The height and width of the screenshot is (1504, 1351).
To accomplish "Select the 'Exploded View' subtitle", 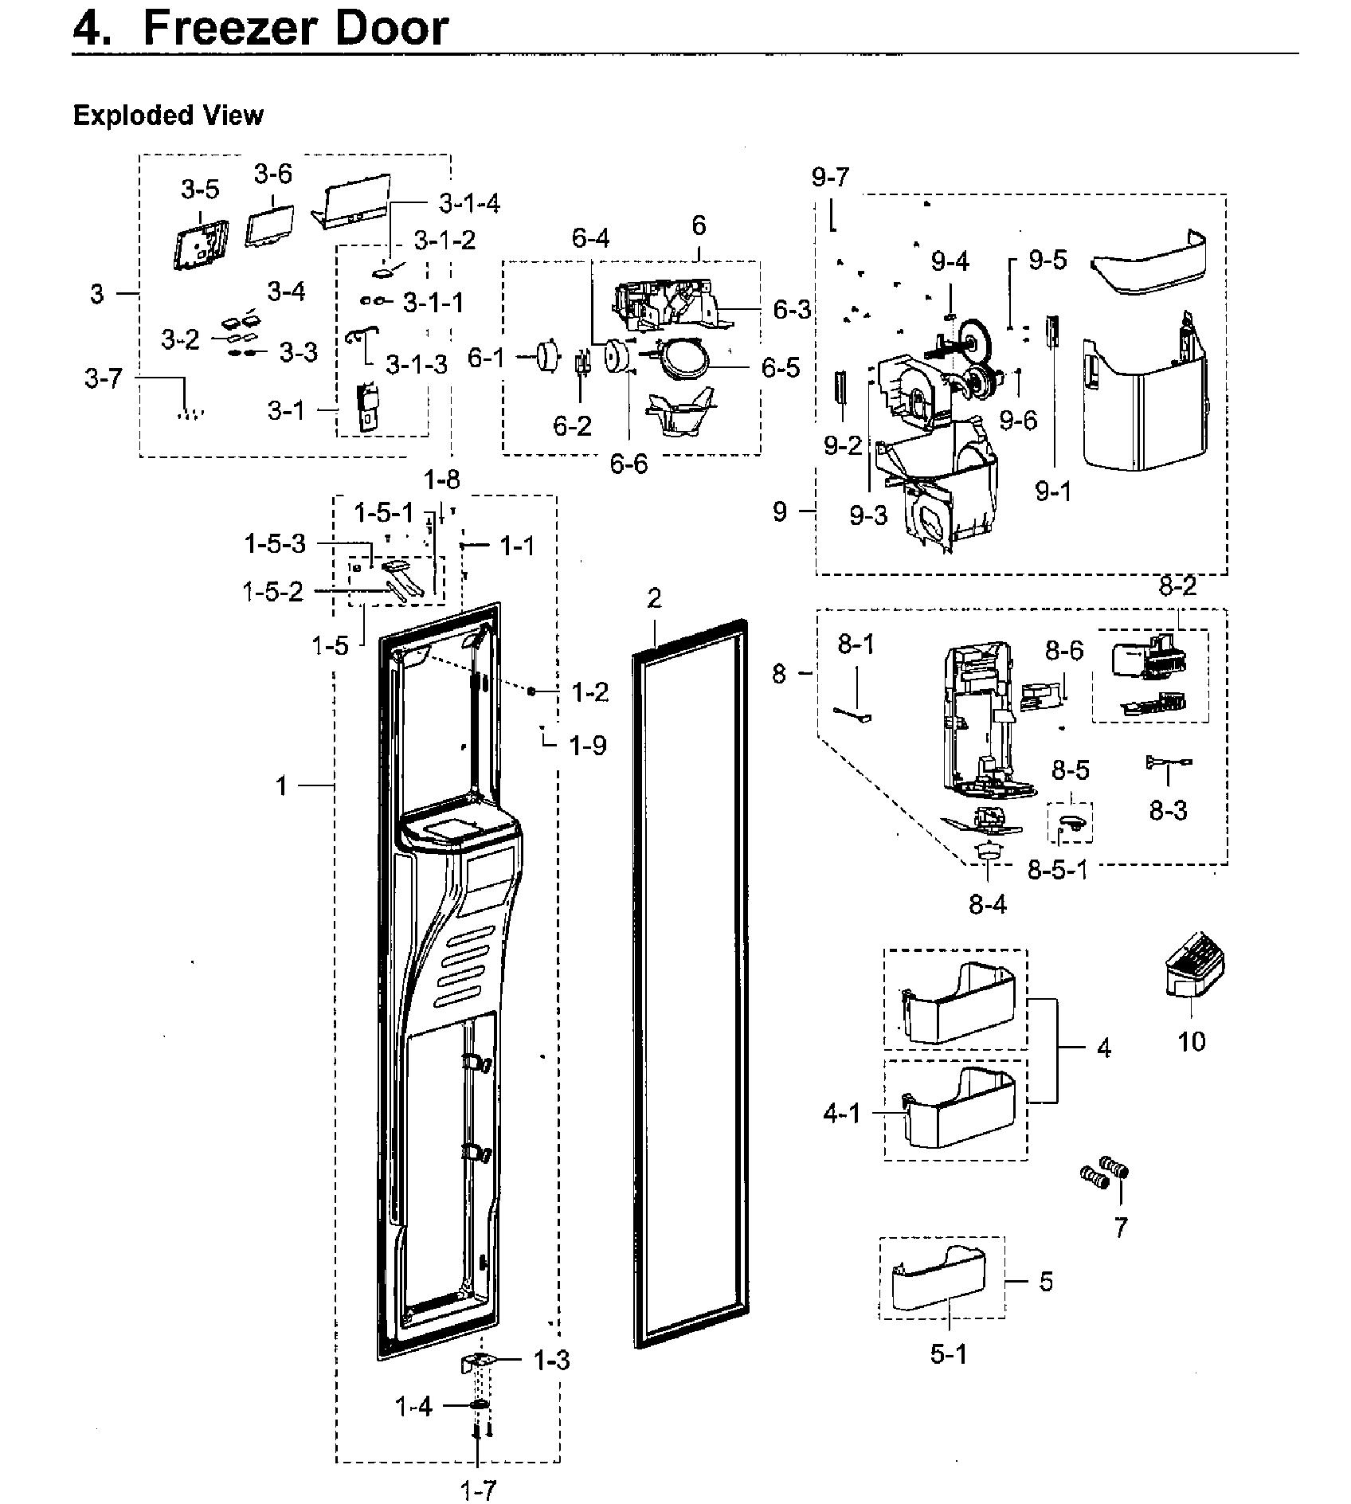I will [167, 116].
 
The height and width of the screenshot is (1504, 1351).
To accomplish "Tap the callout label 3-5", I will [199, 189].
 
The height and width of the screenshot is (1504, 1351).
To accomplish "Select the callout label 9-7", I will [831, 177].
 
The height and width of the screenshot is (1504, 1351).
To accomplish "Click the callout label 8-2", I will [1177, 587].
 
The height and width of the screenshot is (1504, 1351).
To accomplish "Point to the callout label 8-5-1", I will [1057, 869].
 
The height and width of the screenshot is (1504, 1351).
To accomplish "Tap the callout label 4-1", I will [842, 1113].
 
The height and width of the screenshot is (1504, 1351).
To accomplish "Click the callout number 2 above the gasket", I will [654, 598].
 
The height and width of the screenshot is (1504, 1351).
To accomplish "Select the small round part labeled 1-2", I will [531, 691].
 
